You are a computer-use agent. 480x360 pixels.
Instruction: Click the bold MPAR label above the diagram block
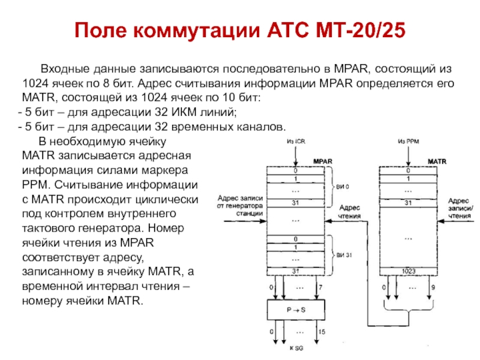[x=323, y=161]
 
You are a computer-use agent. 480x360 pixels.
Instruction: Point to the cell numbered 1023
[x=409, y=271]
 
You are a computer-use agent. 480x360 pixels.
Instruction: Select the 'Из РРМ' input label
[x=409, y=142]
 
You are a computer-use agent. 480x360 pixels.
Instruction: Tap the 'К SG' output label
[x=296, y=348]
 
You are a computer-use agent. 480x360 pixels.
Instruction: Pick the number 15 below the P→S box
[x=322, y=331]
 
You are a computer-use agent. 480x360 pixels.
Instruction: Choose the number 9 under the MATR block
[x=434, y=288]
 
